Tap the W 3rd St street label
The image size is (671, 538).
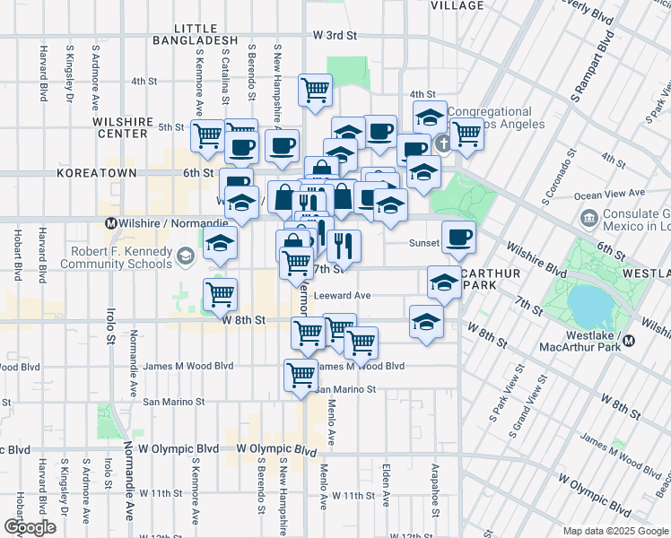click(x=335, y=35)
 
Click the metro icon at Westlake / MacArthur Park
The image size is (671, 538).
click(x=629, y=340)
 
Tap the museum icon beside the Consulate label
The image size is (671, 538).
click(x=589, y=217)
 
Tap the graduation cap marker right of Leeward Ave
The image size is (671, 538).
click(x=444, y=284)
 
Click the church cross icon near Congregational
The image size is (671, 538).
click(x=441, y=144)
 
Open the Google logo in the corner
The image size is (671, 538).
click(x=30, y=527)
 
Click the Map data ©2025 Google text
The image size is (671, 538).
click(x=614, y=531)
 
